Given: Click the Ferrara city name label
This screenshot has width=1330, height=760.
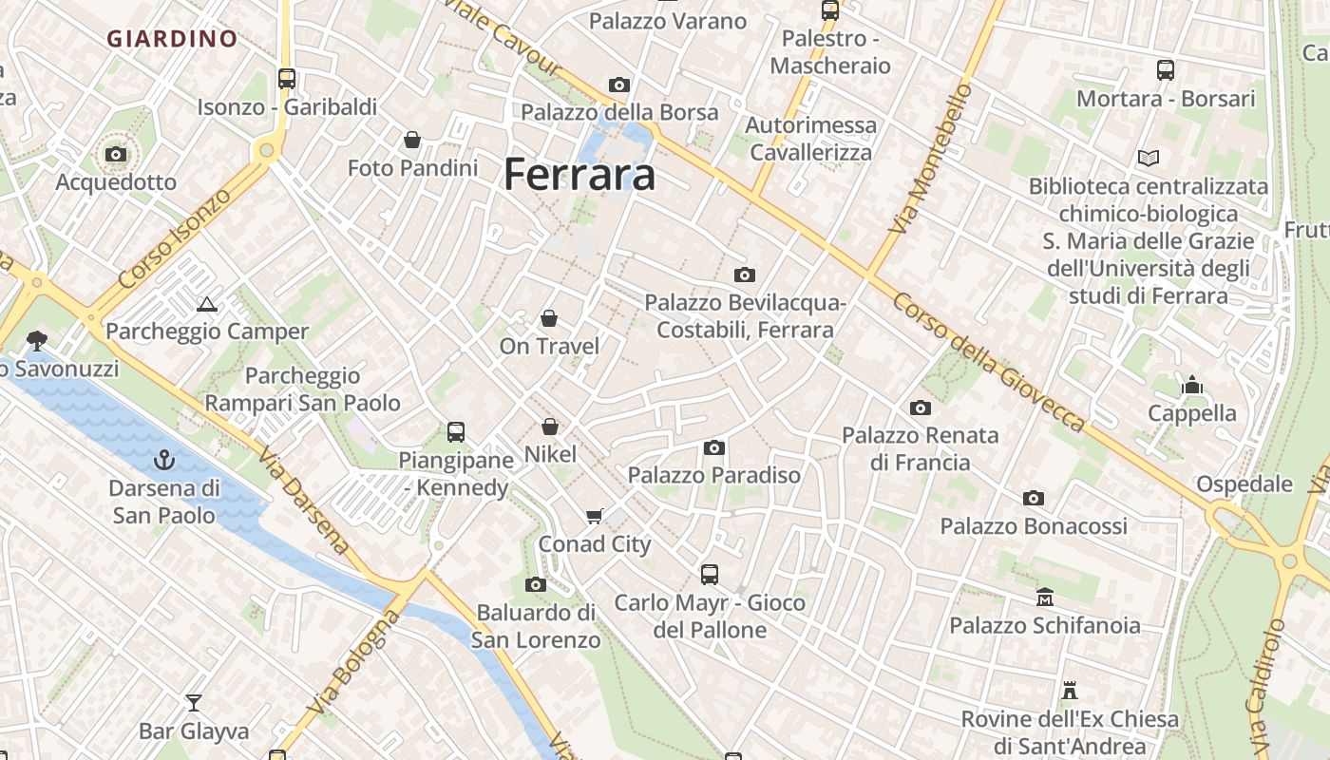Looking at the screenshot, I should (579, 175).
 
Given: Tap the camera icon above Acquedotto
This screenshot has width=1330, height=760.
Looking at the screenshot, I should (116, 154).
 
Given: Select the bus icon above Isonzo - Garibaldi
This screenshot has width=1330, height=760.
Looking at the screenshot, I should (287, 79).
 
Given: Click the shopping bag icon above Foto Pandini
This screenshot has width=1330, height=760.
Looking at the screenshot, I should (412, 141).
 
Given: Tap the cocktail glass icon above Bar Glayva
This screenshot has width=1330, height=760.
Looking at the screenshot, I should (194, 703).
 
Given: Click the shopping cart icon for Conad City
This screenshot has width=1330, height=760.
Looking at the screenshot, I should (595, 517).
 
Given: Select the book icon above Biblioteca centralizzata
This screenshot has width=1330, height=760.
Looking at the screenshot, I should (1149, 158).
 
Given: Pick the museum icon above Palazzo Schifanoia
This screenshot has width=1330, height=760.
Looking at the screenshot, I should (1045, 598).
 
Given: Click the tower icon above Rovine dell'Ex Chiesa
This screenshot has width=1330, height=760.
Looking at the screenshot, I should (1070, 691).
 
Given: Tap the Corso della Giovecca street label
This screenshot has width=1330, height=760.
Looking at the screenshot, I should (988, 361).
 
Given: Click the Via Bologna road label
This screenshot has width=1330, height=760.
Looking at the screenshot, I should (354, 663).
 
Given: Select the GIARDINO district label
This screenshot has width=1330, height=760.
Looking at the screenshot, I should (172, 39).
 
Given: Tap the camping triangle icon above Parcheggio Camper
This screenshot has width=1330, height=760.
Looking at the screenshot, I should (207, 305).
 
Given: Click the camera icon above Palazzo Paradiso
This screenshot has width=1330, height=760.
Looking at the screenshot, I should (714, 447).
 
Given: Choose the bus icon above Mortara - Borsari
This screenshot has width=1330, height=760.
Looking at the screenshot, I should (1166, 70).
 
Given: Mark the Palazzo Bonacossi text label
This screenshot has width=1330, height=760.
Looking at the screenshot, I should (1034, 526).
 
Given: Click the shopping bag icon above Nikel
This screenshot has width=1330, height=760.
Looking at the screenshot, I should (550, 427).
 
